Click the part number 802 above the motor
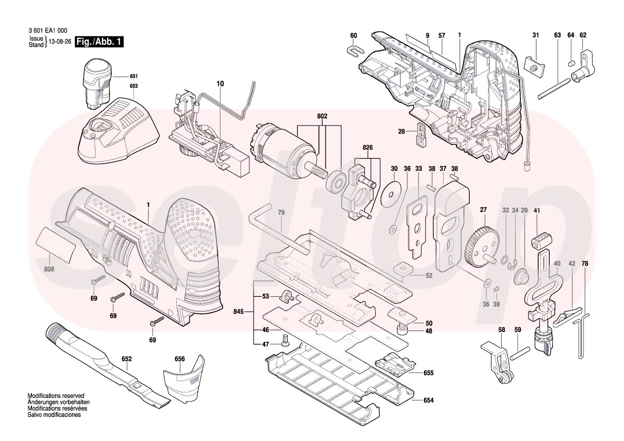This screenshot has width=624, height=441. [x=322, y=116]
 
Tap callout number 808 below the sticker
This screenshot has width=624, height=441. [x=49, y=269]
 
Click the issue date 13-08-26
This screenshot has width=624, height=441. [x=60, y=42]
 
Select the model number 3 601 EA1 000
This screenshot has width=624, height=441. [x=48, y=31]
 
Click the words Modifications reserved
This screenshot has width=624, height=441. [x=56, y=396]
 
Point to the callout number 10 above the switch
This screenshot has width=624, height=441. [x=221, y=84]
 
